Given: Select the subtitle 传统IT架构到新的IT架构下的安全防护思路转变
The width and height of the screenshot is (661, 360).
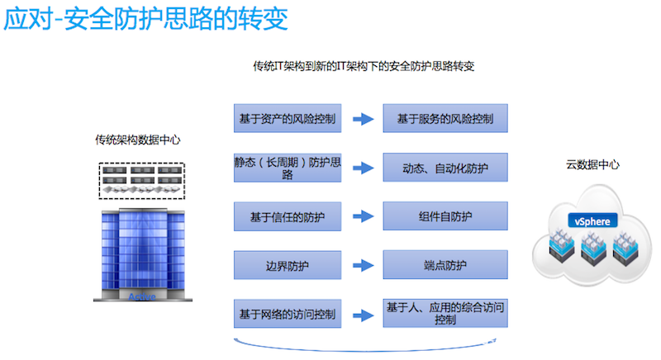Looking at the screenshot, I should pyautogui.click(x=363, y=65).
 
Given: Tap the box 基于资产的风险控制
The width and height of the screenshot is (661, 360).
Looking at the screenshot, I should pyautogui.click(x=287, y=119).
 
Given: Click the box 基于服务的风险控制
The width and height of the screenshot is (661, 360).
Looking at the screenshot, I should pyautogui.click(x=445, y=119).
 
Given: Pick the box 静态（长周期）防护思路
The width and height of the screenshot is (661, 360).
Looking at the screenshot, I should pyautogui.click(x=287, y=168).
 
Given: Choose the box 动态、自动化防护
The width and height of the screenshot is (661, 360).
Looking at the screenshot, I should pyautogui.click(x=445, y=168).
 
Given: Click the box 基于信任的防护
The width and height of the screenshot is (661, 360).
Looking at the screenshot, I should pyautogui.click(x=287, y=216).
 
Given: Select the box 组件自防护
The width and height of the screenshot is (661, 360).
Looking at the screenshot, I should pyautogui.click(x=445, y=216).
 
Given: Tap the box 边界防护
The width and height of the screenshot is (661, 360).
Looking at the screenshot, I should pyautogui.click(x=287, y=265).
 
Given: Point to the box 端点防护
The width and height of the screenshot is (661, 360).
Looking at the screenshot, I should pyautogui.click(x=445, y=265).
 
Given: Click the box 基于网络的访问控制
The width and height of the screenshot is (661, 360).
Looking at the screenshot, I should pyautogui.click(x=287, y=314).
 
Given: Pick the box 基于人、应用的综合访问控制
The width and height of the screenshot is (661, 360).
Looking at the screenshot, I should pyautogui.click(x=445, y=314).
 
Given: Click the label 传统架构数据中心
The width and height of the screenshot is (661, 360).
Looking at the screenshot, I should pyautogui.click(x=137, y=140).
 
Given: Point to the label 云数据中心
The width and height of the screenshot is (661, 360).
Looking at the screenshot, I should pyautogui.click(x=592, y=164).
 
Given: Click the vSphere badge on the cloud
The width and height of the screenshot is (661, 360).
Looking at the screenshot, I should pyautogui.click(x=592, y=220).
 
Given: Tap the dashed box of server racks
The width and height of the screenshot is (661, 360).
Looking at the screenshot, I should pyautogui.click(x=141, y=180).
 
